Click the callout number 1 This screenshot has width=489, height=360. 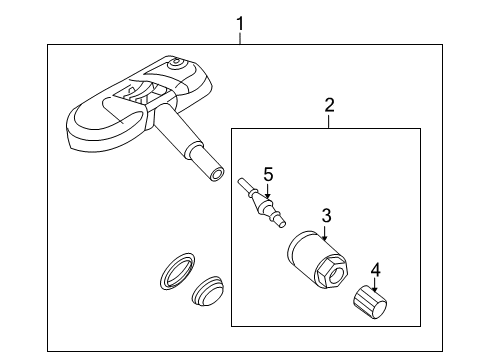240,24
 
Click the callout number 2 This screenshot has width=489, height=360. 329,105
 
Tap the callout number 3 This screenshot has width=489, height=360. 327,215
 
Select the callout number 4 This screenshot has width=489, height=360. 375,270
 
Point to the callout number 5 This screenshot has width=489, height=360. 268,175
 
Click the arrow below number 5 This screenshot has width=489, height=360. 267,191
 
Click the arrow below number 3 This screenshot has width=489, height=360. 324,232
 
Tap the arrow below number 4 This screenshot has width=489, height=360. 375,285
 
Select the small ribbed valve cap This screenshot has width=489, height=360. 370,303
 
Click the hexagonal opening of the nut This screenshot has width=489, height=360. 332,274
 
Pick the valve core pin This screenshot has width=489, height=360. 262,204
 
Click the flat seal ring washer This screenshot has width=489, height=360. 177,271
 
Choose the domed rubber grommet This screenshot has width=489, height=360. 207,291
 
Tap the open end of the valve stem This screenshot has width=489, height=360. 217,175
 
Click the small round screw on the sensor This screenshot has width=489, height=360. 176,63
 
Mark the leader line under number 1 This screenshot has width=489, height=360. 240,38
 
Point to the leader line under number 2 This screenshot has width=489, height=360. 329,121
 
